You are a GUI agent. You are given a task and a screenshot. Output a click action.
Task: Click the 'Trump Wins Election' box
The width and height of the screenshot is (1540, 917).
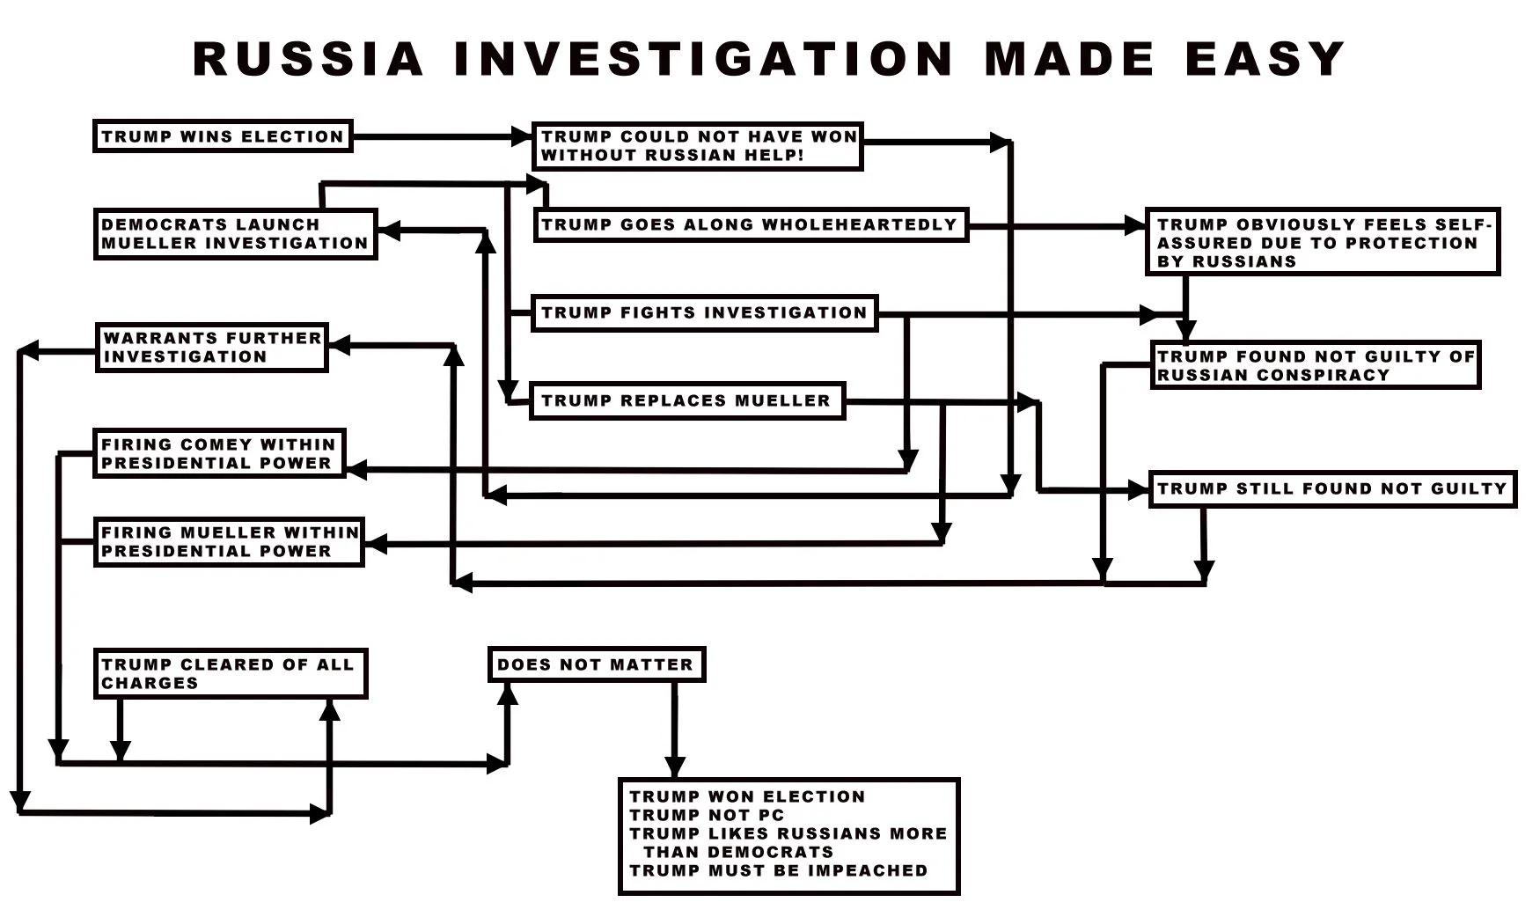pyautogui.click(x=223, y=136)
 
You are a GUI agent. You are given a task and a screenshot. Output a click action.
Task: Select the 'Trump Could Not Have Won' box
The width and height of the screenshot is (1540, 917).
pyautogui.click(x=697, y=146)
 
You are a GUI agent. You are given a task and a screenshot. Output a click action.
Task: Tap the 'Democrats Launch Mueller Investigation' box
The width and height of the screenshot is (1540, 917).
pyautogui.click(x=235, y=234)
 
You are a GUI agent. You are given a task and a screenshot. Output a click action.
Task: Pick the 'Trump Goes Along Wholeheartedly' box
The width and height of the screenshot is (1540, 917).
pyautogui.click(x=750, y=224)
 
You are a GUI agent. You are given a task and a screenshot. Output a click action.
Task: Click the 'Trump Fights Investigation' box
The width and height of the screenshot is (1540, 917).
pyautogui.click(x=704, y=312)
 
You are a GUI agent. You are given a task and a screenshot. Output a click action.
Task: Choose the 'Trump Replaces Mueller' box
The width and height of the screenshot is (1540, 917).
pyautogui.click(x=686, y=400)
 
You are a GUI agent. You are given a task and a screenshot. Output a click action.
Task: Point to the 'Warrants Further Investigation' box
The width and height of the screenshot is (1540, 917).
pyautogui.click(x=211, y=347)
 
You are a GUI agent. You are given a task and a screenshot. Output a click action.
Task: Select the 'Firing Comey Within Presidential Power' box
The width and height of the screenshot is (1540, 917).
pyautogui.click(x=219, y=453)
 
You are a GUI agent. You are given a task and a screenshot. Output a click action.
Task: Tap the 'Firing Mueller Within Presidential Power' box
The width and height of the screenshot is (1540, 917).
pyautogui.click(x=229, y=541)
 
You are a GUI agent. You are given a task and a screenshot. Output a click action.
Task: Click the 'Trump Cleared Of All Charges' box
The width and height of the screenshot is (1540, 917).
pyautogui.click(x=230, y=673)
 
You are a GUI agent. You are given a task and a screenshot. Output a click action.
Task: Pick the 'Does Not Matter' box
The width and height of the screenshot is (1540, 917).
pyautogui.click(x=596, y=664)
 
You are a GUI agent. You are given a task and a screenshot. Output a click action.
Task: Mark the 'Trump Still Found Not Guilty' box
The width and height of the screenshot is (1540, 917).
pyautogui.click(x=1331, y=488)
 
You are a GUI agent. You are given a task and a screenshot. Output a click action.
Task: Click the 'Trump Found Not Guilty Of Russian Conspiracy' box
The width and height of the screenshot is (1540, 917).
pyautogui.click(x=1315, y=365)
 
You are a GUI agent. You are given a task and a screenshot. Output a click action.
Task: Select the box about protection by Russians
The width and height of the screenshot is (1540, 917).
pyautogui.click(x=1322, y=242)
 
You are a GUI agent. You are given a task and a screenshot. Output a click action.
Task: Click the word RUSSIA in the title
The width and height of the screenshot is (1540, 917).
pyautogui.click(x=308, y=59)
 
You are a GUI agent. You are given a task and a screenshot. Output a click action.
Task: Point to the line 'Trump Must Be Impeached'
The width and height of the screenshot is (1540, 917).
pyautogui.click(x=778, y=870)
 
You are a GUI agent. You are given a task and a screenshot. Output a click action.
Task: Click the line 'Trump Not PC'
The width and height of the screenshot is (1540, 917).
pyautogui.click(x=706, y=815)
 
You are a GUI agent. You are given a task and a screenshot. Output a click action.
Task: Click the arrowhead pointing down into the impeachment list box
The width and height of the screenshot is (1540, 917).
pyautogui.click(x=675, y=767)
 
